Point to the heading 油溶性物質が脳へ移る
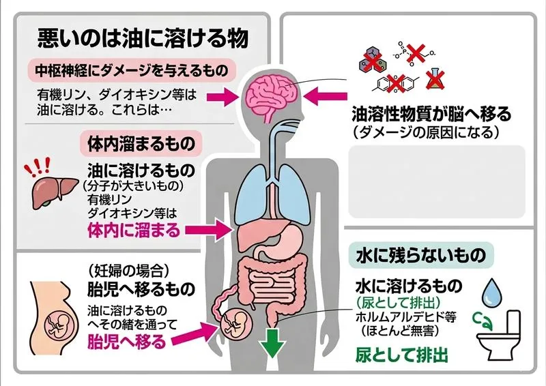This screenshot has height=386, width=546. tap(431, 113)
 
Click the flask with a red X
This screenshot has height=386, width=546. tap(434, 79)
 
